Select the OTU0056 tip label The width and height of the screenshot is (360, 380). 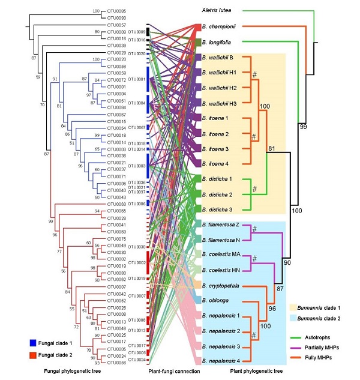click(x=118, y=363)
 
